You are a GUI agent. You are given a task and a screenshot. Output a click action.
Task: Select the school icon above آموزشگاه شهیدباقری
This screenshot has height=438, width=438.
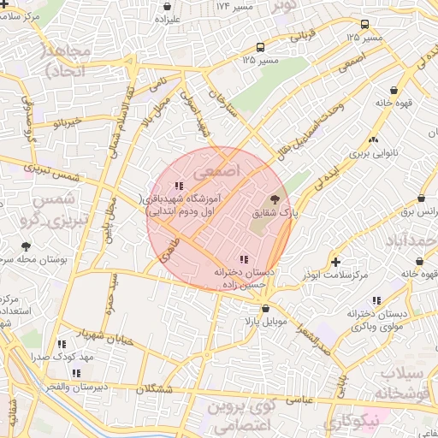coord(178,186)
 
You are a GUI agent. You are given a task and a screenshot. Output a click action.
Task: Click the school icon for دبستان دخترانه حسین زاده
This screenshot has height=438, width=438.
coord(245,258)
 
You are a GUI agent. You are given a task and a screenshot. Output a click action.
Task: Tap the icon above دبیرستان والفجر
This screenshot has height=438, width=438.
coord(77,373)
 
